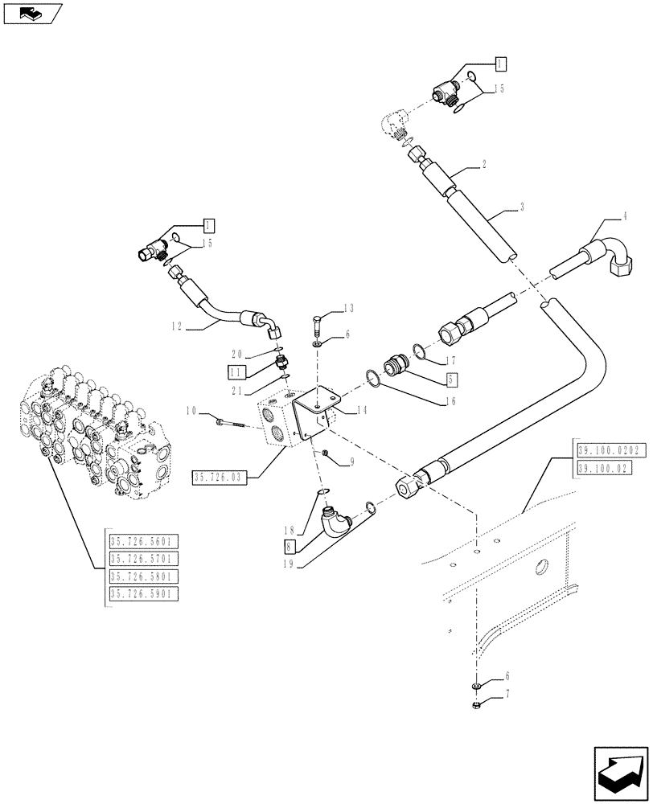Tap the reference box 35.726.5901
(x=144, y=594)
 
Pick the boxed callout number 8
(x=289, y=547)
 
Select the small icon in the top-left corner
(x=31, y=12)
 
